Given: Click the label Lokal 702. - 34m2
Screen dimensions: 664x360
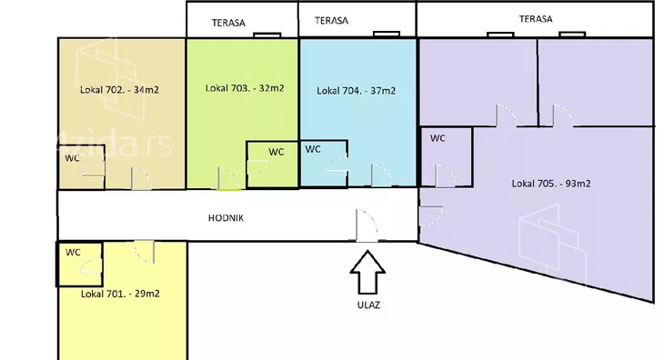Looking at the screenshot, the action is coord(119,90).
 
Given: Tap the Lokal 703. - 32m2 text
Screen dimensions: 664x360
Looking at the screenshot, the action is coord(245,88).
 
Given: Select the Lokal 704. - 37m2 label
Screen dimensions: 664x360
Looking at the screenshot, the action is coord(357,91).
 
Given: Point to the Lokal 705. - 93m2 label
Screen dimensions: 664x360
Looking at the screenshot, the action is coord(551,184).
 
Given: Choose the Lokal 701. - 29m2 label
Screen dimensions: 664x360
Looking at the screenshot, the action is coord(120,294).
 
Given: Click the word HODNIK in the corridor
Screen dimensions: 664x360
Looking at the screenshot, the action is coord(226,218).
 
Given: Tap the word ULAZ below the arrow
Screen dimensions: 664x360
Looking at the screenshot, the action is coord(368,305).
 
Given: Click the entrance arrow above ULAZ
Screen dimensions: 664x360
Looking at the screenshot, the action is coord(367,272).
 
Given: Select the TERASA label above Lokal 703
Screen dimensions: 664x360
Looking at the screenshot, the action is coord(228,23).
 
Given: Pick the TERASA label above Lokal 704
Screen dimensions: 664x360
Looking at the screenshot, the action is coord(332,20).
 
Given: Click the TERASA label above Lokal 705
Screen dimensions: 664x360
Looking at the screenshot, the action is coord(536,18).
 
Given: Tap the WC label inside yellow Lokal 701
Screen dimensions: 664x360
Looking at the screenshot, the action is coord(73,253).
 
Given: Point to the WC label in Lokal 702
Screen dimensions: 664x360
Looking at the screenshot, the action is coord(72,158).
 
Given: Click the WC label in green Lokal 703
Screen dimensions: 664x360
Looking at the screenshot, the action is coord(277,152).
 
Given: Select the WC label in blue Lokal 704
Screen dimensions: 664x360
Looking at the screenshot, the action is coord(313,149).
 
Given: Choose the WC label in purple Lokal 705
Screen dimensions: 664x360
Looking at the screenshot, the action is coord(438,138).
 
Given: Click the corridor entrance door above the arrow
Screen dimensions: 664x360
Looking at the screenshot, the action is coord(366,225).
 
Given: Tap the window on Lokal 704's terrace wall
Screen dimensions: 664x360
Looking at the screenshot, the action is coord(387,34).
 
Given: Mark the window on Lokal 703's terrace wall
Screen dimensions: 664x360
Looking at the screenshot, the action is coord(267,35).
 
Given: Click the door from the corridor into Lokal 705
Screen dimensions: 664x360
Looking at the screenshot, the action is coord(430,215).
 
